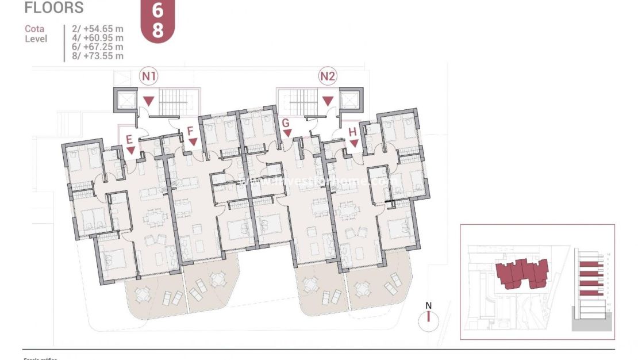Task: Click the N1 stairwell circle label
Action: pos(149,75)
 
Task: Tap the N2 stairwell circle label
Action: pos(328,75)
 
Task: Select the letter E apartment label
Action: pos(129,139)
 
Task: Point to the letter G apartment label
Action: pos(285,122)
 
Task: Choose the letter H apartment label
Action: pos(352,132)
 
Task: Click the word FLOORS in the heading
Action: pos(55,8)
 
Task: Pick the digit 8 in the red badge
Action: pos(157,30)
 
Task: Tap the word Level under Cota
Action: pos(36,39)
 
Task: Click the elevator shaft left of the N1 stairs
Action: pos(125,100)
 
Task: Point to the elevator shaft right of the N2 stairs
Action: pos(350,99)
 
